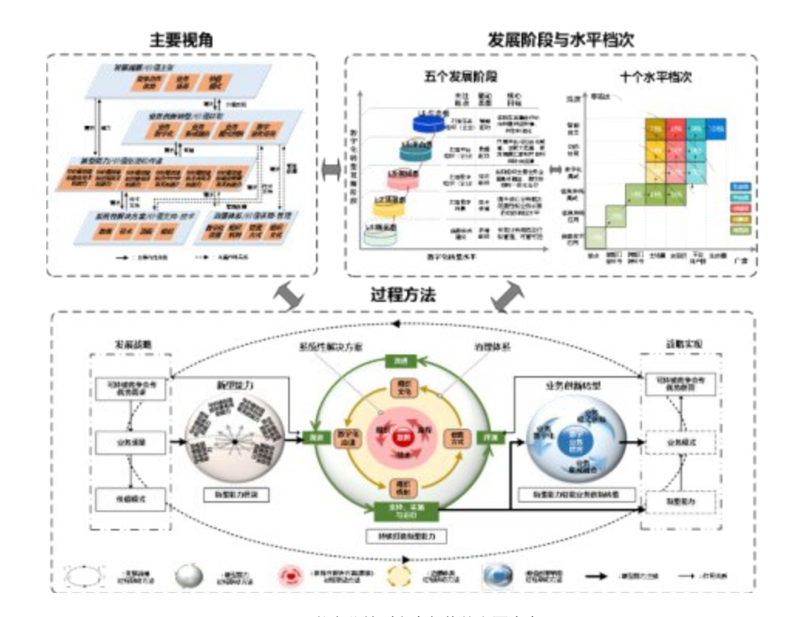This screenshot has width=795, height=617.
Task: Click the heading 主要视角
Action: [182, 39]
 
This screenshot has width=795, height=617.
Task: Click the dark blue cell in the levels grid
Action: [715, 126]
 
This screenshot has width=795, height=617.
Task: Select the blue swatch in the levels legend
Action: [739, 186]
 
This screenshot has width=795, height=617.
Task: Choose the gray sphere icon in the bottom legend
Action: [192, 575]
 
